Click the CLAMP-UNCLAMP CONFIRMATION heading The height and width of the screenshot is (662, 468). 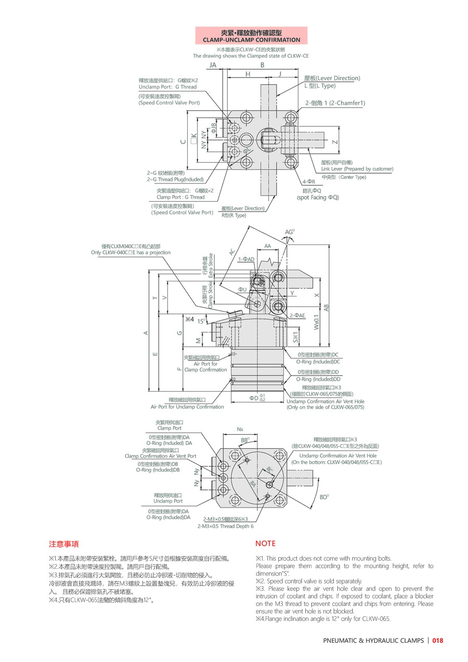click(251, 40)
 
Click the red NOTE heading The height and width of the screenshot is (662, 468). click(265, 543)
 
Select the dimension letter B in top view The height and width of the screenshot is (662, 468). click(263, 65)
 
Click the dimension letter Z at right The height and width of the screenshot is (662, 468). click(335, 142)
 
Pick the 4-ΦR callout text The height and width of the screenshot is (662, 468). click(309, 182)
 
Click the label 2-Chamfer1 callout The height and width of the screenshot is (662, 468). click(335, 103)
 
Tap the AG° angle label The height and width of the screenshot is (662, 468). click(290, 232)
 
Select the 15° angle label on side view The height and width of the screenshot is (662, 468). click(201, 321)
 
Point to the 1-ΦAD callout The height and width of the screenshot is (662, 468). click(246, 259)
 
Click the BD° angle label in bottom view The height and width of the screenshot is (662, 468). click(324, 497)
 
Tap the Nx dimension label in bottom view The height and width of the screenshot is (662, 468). click(240, 430)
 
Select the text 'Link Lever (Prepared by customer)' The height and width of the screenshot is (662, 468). click(357, 169)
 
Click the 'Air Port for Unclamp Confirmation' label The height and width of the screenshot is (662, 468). click(187, 407)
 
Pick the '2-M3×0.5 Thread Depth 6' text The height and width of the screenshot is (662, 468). click(225, 526)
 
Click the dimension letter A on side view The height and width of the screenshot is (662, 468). click(146, 333)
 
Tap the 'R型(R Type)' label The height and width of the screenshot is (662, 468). click(234, 215)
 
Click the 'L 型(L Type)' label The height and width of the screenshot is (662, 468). click(320, 86)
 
